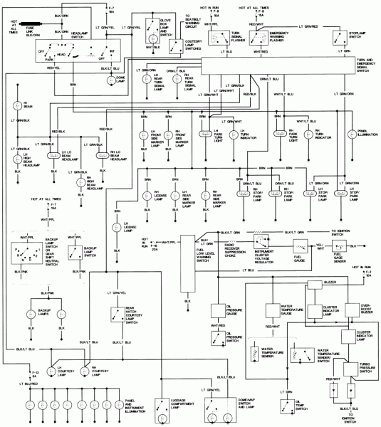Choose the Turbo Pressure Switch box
click(x=355, y=368)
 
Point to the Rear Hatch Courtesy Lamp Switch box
click(x=117, y=314)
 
